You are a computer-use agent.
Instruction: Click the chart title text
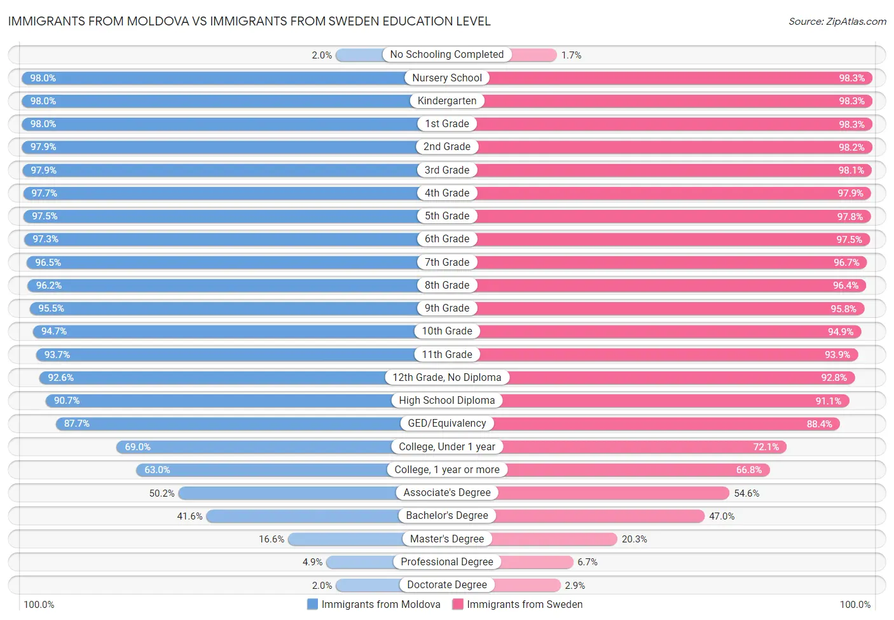(249, 22)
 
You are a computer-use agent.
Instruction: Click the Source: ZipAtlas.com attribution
(837, 22)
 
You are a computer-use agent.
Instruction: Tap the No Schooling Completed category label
(446, 55)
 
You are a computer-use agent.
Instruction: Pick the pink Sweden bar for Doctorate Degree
(526, 585)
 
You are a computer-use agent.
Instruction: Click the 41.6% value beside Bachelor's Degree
(189, 516)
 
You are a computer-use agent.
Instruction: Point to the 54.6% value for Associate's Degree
(746, 493)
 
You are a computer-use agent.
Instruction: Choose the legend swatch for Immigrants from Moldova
(312, 604)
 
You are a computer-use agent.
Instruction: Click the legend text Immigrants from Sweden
(525, 604)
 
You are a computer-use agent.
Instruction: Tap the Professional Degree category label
(446, 562)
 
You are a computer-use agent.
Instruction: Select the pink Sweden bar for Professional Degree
(537, 562)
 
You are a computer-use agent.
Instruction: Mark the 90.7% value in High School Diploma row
(67, 401)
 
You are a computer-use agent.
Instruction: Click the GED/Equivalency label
(446, 424)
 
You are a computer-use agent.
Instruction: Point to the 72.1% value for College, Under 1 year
(766, 447)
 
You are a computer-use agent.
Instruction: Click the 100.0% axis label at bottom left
(39, 604)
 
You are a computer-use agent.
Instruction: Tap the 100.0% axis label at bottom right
(855, 604)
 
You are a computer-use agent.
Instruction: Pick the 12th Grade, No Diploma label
(446, 378)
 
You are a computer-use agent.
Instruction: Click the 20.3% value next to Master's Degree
(634, 539)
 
